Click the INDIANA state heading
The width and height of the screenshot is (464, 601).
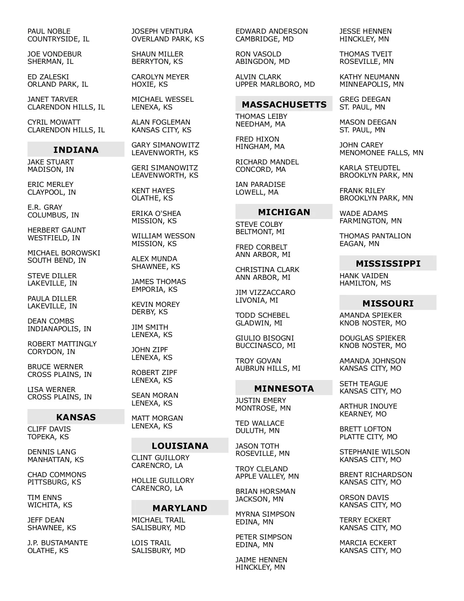click(76, 149)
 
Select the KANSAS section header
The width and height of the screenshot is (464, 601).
click(76, 417)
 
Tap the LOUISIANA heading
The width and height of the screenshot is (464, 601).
click(180, 445)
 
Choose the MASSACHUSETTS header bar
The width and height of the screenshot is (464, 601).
click(284, 104)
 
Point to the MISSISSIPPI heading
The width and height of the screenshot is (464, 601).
click(388, 263)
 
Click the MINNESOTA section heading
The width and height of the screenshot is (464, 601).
click(284, 388)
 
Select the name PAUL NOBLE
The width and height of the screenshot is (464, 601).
click(49, 31)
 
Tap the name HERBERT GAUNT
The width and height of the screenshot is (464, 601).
click(56, 230)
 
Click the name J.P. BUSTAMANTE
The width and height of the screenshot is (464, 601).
click(58, 543)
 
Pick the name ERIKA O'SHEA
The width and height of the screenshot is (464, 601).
click(156, 214)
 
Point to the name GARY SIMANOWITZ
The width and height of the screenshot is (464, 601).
click(165, 145)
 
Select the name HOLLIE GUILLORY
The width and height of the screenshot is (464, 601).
click(163, 481)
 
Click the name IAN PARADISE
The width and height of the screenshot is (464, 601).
click(261, 185)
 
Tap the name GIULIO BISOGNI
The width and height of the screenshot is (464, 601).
click(265, 338)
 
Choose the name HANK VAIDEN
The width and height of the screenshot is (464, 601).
click(364, 276)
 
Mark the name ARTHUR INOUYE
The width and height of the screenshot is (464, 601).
click(368, 406)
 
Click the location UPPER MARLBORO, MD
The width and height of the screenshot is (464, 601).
click(275, 84)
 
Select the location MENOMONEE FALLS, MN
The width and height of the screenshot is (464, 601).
click(381, 153)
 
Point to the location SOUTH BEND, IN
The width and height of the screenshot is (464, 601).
click(56, 260)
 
